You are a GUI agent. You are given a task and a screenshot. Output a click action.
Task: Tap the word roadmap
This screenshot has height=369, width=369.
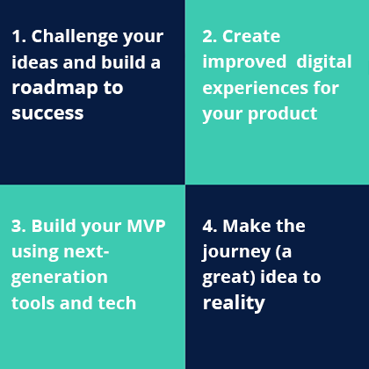54,89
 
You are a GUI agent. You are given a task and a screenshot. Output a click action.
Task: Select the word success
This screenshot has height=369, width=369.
47,114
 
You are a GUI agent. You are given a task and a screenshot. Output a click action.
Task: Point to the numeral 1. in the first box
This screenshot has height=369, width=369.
19,37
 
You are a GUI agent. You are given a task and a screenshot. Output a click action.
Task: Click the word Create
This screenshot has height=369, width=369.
251,37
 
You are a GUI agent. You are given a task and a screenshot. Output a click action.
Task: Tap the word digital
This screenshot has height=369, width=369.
323,62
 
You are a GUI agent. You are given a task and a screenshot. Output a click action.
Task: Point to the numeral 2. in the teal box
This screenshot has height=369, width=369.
211,37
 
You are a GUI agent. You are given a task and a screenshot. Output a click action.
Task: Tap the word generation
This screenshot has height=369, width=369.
59,278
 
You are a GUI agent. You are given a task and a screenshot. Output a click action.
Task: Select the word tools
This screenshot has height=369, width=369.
33,303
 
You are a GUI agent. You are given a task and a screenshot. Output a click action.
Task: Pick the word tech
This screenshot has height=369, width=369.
118,303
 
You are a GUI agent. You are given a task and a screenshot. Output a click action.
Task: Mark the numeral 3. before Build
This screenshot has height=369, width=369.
19,226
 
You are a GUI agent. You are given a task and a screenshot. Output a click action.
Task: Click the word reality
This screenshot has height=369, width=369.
234,303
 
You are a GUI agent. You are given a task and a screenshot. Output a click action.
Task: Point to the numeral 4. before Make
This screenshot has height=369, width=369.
211,226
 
